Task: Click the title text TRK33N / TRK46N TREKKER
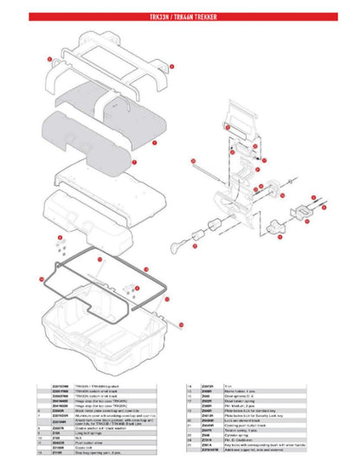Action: [x=180, y=16]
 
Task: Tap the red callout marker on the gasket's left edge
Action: [x=41, y=279]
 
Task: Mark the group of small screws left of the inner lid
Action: [x=59, y=247]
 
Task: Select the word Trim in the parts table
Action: [x=205, y=386]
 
